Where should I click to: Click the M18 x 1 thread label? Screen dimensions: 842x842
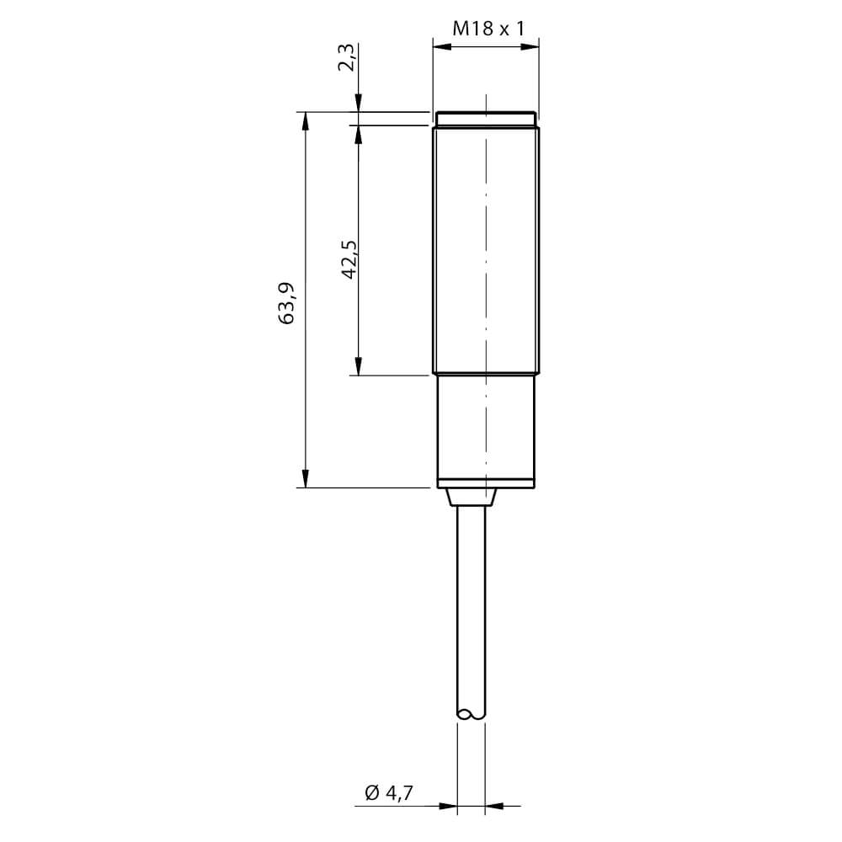(488, 28)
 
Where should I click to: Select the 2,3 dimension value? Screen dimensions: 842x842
(347, 57)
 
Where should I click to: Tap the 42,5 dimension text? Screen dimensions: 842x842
(349, 259)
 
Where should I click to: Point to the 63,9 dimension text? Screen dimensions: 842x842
(287, 302)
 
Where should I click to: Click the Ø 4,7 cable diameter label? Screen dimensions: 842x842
(389, 792)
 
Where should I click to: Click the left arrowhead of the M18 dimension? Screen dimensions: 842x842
(441, 46)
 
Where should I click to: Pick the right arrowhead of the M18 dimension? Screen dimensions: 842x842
(530, 46)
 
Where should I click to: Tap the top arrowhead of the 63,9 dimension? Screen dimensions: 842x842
(305, 120)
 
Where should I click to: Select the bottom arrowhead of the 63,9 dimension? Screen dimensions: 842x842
(305, 478)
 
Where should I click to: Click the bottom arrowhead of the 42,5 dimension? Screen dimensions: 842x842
(359, 366)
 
